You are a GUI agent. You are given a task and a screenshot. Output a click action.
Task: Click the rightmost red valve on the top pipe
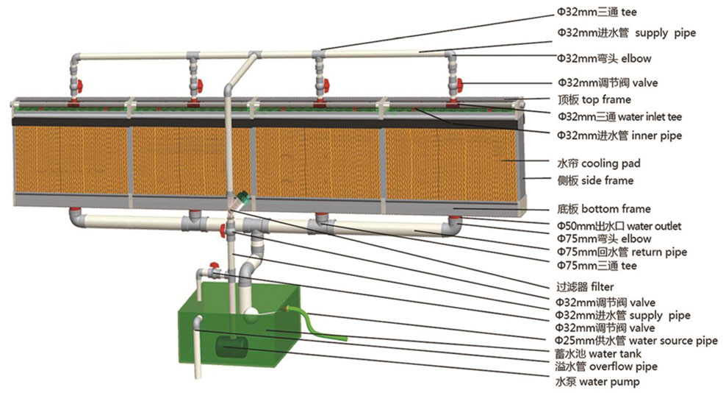pyautogui.click(x=458, y=83)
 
